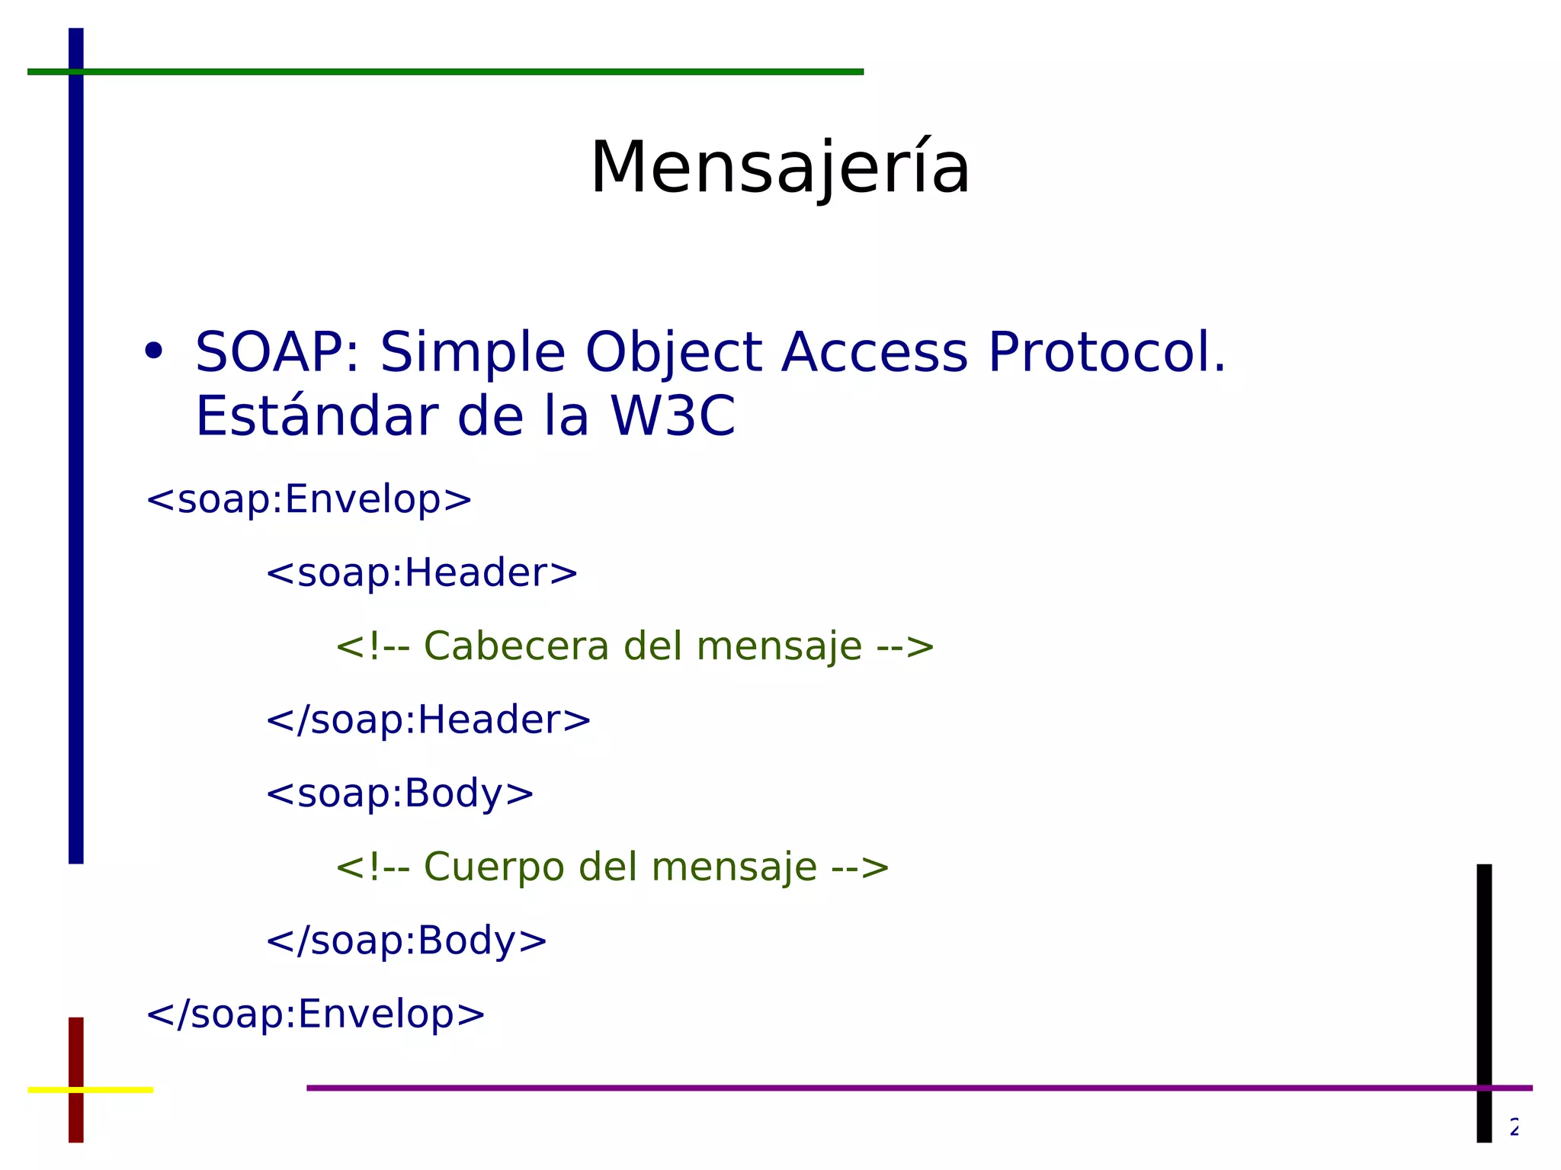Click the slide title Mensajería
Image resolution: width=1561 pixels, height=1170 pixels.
point(780,168)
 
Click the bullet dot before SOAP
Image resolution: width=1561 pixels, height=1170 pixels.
point(154,351)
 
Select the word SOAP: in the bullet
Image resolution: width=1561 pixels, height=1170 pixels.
point(277,353)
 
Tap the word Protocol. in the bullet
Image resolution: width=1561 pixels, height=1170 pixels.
point(1106,353)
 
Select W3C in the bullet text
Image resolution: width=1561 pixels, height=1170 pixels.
point(672,417)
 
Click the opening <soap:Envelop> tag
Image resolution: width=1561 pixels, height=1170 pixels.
point(309,499)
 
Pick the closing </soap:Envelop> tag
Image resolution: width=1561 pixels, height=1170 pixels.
point(316,1015)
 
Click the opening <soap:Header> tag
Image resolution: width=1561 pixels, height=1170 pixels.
point(422,572)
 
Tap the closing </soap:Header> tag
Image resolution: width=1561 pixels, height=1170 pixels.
point(428,720)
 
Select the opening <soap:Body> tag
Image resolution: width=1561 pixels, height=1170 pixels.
point(399,793)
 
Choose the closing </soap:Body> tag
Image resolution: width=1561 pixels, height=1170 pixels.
point(406,941)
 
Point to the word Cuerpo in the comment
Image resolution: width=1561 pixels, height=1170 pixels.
point(493,867)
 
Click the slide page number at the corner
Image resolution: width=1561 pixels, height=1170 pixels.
point(1514,1127)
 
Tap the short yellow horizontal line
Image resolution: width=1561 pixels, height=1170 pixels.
point(114,1090)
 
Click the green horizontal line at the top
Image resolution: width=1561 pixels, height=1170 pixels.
point(457,72)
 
